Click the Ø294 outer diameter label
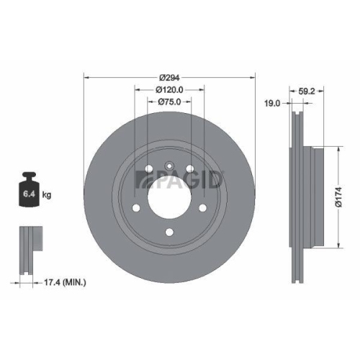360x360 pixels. coord(170,76)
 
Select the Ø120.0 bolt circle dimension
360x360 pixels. coord(170,90)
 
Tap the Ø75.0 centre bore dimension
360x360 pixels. coord(170,103)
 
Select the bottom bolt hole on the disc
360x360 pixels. coord(170,232)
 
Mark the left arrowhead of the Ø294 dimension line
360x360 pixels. coord(87,76)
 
